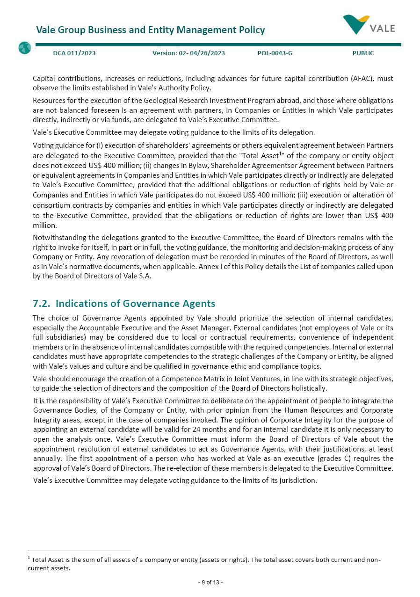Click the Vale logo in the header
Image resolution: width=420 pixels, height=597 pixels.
pos(369,25)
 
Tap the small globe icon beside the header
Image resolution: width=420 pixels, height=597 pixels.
pos(24,48)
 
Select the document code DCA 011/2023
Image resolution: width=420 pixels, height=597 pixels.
pos(74,53)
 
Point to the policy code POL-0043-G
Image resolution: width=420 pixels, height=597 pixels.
pos(275,53)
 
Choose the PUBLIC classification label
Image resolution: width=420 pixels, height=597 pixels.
pos(363,53)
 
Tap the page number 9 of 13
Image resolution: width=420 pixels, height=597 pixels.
pos(210,582)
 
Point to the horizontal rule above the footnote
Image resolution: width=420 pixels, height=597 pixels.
pos(79,551)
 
